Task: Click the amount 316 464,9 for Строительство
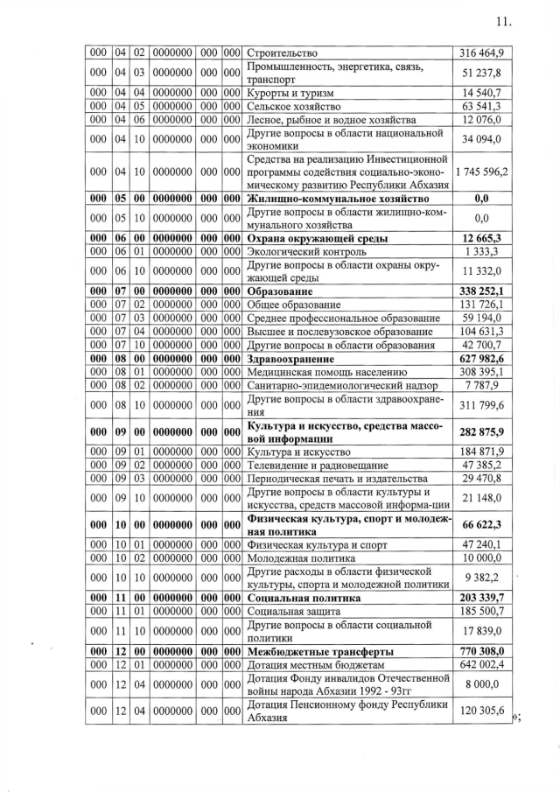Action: [x=481, y=53]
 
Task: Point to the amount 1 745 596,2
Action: [x=481, y=172]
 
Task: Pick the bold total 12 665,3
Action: [x=481, y=238]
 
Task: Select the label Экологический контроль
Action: [x=305, y=252]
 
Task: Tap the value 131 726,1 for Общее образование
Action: [x=481, y=305]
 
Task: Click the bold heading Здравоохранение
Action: [x=291, y=359]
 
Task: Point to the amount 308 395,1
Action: [x=481, y=373]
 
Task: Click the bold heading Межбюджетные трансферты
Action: [x=319, y=652]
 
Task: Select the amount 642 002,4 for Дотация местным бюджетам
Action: [x=481, y=665]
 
